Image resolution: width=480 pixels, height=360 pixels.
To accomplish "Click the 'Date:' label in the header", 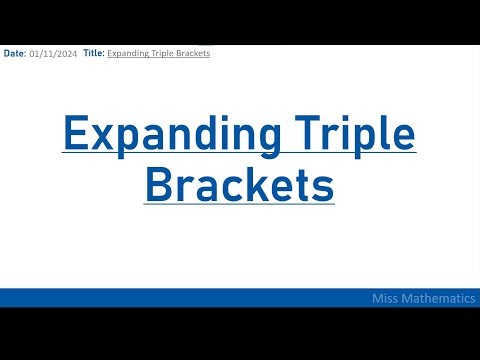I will click(x=15, y=53).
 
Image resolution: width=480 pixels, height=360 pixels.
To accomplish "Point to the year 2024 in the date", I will click(x=65, y=53).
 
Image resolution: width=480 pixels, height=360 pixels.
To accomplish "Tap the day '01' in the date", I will click(x=36, y=53).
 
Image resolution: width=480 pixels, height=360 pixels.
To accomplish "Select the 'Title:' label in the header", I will click(x=94, y=53).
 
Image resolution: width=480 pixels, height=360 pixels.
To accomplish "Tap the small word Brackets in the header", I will click(x=190, y=53).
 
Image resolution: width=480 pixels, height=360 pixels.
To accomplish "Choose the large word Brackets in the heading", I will click(x=240, y=184).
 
